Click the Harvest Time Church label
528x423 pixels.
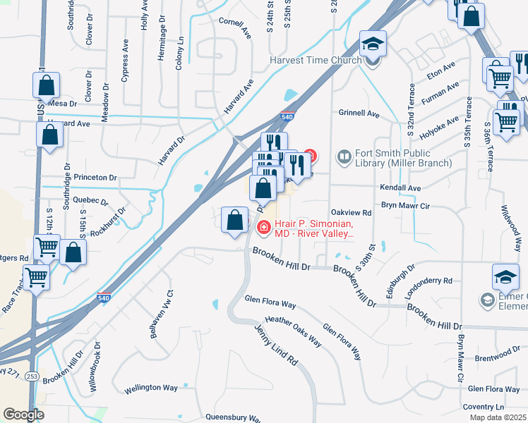coord(316,60)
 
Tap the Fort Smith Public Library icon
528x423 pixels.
coord(344,156)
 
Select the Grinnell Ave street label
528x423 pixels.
coord(359,114)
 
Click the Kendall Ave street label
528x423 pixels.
coord(400,188)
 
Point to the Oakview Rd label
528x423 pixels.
coord(351,212)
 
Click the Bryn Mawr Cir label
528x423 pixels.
coord(405,205)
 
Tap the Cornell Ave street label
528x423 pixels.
coord(235,26)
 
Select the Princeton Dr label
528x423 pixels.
coord(93,178)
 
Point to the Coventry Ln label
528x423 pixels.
coord(484,407)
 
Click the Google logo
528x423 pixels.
coord(23,415)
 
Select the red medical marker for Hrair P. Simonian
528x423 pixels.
coord(263,227)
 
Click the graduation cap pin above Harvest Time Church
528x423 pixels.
coord(373,44)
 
